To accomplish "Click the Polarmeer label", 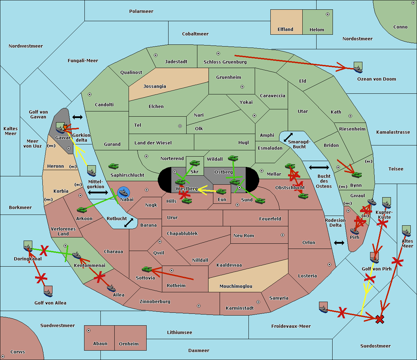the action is [141, 11].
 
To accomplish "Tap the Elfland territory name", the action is [285, 30].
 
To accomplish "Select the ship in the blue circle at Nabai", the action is [124, 192].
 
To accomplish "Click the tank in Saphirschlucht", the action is [113, 166].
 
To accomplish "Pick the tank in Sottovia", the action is [147, 269].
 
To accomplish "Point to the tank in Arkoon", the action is [82, 210].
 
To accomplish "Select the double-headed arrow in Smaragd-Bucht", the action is [288, 137].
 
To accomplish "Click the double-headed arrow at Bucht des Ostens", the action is [319, 167].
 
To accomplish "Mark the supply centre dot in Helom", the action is [328, 14].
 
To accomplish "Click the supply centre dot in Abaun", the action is [89, 330].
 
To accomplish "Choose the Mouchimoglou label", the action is [236, 286].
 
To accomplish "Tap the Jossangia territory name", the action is [155, 86].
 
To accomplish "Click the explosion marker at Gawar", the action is [65, 127].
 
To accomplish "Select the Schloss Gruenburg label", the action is [225, 62].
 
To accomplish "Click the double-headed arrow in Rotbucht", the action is [129, 223].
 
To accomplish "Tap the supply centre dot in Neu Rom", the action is [283, 235].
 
